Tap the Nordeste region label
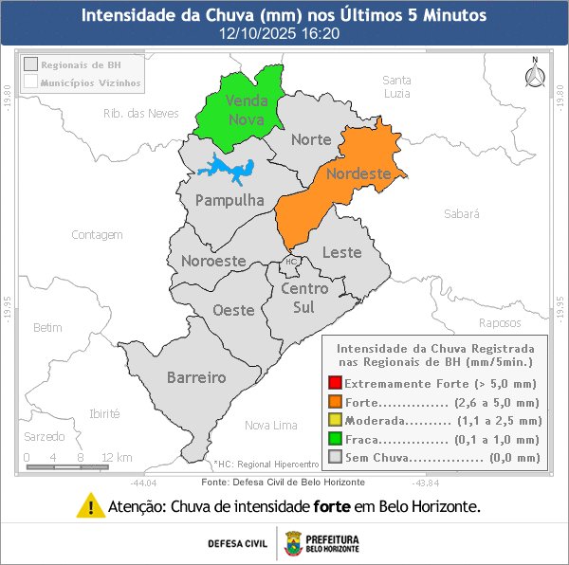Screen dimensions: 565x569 tap(358, 174)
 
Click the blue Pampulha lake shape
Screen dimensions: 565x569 tap(227, 170)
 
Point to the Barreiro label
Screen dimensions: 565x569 tap(196, 377)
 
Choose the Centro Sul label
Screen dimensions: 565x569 tap(304, 297)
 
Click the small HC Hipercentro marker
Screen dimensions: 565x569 tap(290, 262)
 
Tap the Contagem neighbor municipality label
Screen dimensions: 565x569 tap(97, 234)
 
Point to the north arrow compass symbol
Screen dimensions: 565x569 tap(534, 75)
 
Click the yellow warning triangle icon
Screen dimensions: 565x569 tap(90, 505)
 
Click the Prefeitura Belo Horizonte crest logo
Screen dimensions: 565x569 tap(293, 544)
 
